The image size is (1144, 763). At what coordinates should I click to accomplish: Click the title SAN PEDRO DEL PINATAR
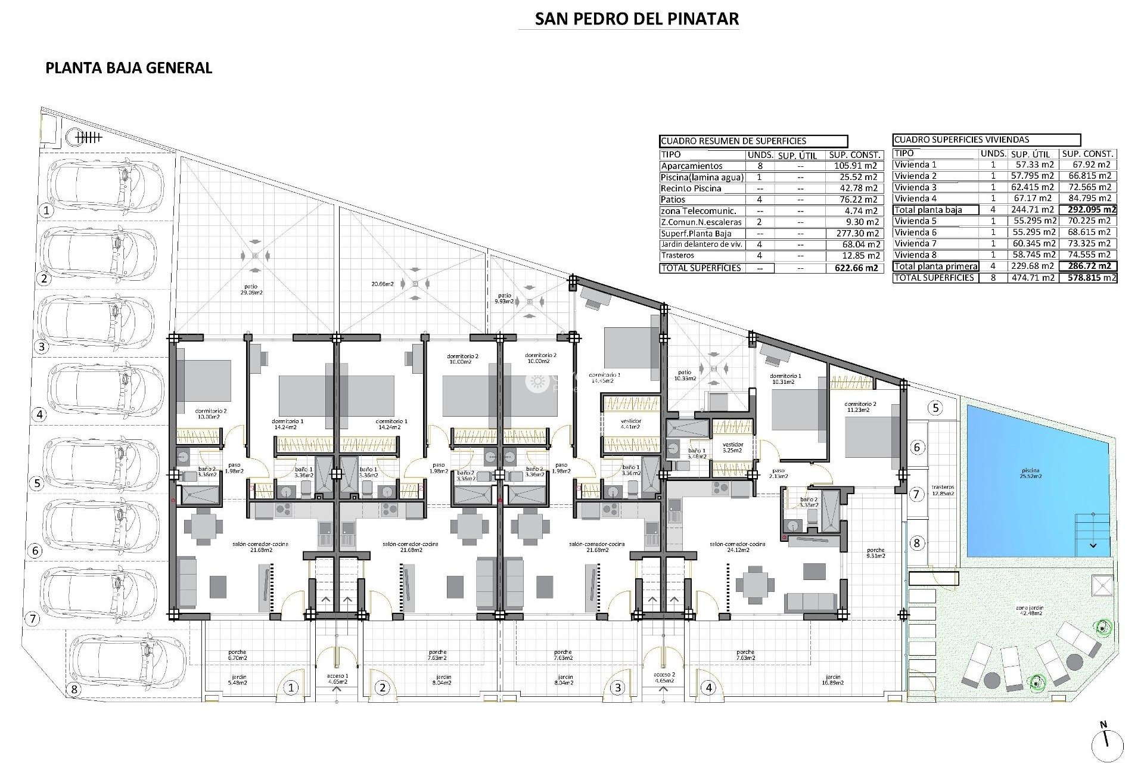point(636,18)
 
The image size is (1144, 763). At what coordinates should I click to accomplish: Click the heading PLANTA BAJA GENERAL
point(129,68)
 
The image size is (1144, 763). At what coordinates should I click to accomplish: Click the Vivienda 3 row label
point(915,187)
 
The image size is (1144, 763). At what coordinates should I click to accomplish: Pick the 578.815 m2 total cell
point(1088,278)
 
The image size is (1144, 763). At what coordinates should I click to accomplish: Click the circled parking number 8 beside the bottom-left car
point(74,690)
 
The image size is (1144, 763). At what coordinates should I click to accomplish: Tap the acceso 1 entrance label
point(337,678)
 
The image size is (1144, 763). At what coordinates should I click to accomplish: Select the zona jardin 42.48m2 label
point(1030,610)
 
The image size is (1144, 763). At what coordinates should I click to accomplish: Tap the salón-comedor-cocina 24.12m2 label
point(737,547)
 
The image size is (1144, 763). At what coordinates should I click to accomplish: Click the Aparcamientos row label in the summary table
point(691,166)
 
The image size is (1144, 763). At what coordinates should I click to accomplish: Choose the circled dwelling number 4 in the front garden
point(708,688)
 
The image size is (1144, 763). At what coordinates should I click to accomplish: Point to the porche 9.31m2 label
point(876,553)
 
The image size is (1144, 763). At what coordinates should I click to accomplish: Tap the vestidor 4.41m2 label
point(630,424)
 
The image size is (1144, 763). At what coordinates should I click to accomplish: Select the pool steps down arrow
point(1093,545)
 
